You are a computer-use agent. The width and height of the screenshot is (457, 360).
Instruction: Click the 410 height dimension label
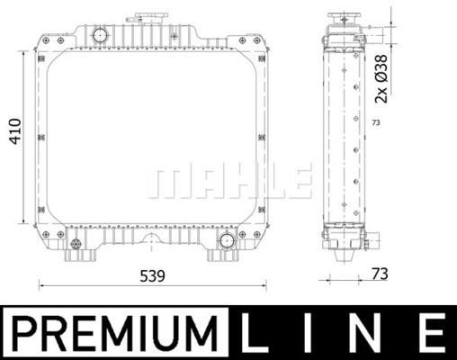point(15,131)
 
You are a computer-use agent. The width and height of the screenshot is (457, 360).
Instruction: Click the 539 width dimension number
point(153,276)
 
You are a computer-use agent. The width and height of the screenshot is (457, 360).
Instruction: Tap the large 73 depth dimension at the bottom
point(380,274)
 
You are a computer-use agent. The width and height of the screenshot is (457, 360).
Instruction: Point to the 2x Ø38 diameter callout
point(381,79)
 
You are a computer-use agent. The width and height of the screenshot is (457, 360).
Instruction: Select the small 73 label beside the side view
point(376,122)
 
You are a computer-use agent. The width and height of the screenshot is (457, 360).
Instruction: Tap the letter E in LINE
point(433,332)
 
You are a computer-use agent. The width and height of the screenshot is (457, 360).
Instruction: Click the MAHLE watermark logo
point(229,181)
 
